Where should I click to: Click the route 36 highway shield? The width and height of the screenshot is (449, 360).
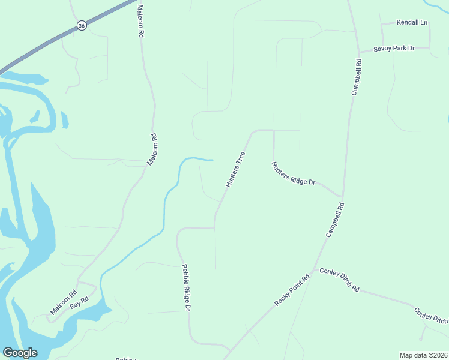point(82,25)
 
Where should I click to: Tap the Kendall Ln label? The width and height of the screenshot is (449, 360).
point(412,23)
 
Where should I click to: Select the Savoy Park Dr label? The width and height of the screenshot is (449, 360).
point(394,48)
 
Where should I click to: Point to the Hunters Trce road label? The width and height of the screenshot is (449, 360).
point(236,170)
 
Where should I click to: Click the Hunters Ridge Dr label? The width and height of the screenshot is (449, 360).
point(293,173)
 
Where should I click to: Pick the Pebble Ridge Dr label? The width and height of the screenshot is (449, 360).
point(186,287)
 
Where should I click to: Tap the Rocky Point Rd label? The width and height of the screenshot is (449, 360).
point(292,290)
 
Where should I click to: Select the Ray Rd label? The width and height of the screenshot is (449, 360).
point(79,302)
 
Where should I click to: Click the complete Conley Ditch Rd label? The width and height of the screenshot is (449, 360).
point(339,280)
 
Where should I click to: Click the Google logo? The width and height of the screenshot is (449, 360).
point(20,353)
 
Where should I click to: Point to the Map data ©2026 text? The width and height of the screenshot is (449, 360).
point(423,355)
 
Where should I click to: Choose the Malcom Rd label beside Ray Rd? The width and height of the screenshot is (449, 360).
point(64,303)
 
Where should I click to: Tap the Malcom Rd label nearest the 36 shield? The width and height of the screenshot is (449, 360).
point(140,22)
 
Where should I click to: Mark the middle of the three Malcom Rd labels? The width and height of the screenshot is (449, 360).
point(153,149)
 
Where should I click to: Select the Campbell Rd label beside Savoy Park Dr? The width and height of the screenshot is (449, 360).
point(357,77)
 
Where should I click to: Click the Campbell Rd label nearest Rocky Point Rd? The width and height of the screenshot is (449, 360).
point(336,220)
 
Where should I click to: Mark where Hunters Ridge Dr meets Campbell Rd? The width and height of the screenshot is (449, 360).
point(342,197)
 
